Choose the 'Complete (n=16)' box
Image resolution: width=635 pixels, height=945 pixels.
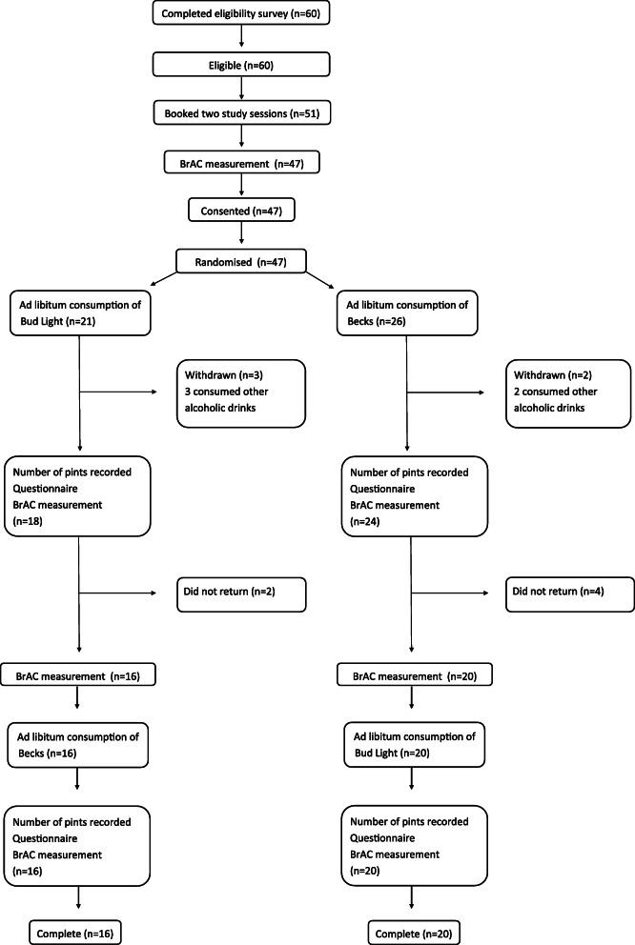coord(78,927)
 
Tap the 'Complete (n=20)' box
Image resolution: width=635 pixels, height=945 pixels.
coord(410,927)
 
